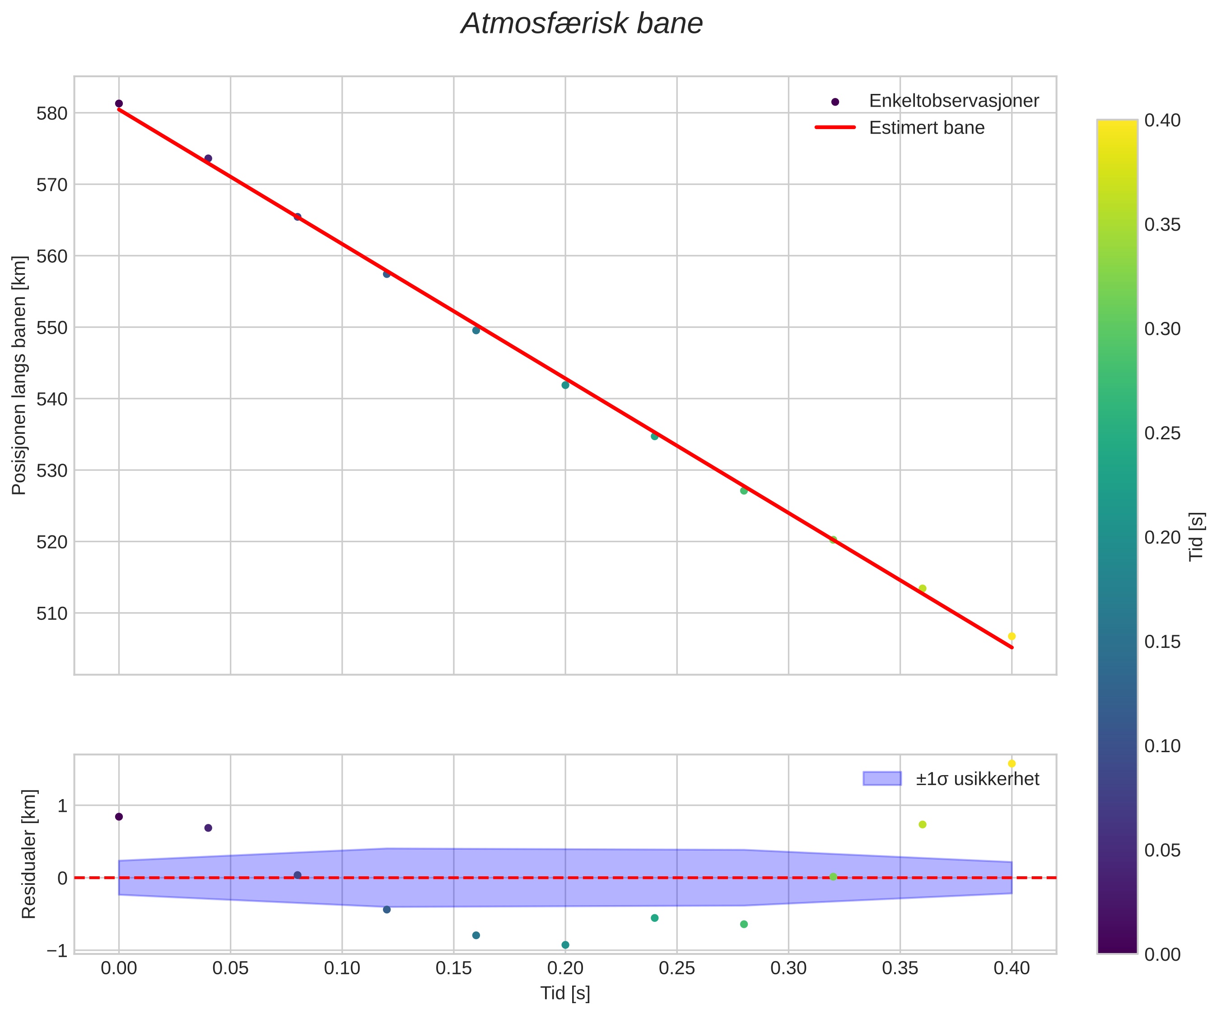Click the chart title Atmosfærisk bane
pos(581,24)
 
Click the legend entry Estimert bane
pos(926,127)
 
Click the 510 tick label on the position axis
pos(52,614)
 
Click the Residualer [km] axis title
pos(28,854)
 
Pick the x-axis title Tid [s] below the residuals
pos(565,993)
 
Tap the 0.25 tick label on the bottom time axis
pos(677,968)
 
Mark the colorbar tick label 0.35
pos(1162,225)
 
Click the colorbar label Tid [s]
pos(1196,536)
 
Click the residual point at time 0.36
pos(923,824)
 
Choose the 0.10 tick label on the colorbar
pos(1162,746)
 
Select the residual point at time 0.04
pos(208,828)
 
